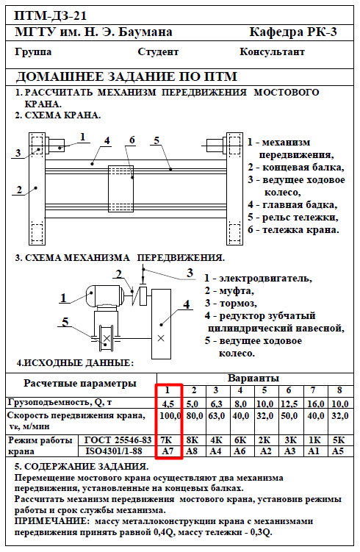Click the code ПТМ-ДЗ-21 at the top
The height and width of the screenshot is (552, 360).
click(x=50, y=15)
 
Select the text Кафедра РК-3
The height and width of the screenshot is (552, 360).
click(x=293, y=32)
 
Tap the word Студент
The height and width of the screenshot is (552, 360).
click(x=158, y=52)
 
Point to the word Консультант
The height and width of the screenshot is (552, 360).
click(x=272, y=51)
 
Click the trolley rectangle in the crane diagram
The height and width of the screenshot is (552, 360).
click(x=120, y=189)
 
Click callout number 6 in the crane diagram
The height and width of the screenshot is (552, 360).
click(x=132, y=140)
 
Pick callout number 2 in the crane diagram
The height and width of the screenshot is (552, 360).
click(x=19, y=190)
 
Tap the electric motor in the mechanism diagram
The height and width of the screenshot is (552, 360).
click(x=104, y=295)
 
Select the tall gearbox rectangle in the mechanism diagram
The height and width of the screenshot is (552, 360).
click(x=161, y=324)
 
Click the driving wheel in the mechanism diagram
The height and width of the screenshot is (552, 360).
click(x=107, y=338)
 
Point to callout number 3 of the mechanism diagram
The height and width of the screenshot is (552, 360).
click(x=190, y=273)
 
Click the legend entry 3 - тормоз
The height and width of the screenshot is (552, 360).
click(x=231, y=303)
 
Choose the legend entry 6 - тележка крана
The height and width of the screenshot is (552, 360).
click(x=293, y=230)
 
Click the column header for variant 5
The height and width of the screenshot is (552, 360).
click(x=264, y=390)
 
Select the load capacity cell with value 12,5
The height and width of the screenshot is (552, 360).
click(x=289, y=404)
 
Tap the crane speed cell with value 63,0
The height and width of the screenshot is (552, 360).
click(x=217, y=416)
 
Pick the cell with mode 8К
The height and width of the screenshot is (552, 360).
click(x=192, y=440)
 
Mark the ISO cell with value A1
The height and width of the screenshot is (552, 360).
click(x=313, y=451)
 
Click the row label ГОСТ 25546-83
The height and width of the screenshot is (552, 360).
click(x=118, y=440)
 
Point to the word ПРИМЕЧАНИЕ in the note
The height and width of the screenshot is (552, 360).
click(x=50, y=521)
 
